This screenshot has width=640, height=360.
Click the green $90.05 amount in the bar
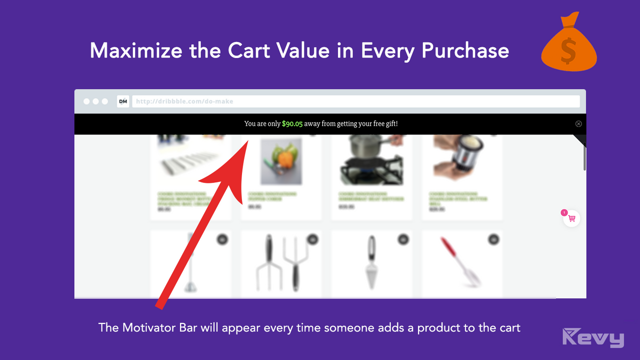click(x=292, y=123)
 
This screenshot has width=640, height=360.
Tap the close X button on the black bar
click(x=578, y=123)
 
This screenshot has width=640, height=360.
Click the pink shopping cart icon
click(x=572, y=218)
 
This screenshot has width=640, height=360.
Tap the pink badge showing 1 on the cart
click(x=564, y=212)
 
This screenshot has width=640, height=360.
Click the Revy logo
click(x=593, y=337)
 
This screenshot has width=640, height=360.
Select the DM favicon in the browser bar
click(x=122, y=101)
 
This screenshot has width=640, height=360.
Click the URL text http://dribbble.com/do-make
click(x=184, y=101)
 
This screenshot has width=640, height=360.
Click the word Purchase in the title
click(x=465, y=50)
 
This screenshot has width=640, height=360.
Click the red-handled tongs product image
click(x=461, y=262)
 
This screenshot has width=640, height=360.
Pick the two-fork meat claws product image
click(x=281, y=262)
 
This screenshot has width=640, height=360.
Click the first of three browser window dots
click(x=86, y=101)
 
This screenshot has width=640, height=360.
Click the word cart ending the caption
click(x=509, y=328)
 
